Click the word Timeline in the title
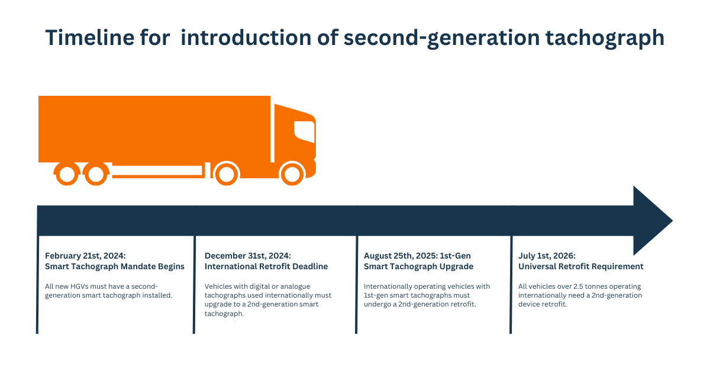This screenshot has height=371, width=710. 90,37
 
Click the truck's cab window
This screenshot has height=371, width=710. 304,131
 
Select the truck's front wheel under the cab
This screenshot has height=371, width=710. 292,174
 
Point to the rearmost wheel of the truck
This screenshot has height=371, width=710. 67,174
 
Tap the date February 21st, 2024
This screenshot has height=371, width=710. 85,256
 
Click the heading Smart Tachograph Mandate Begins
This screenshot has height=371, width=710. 115,266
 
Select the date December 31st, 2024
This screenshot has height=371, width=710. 247,256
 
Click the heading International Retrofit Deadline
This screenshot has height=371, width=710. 266,266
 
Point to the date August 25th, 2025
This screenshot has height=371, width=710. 401,256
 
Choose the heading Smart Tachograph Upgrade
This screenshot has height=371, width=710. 418,266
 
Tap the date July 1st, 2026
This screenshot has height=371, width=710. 547,256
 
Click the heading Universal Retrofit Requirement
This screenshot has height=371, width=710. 580,266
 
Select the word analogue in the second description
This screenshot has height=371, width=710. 295,286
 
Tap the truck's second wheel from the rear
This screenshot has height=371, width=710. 96,174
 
